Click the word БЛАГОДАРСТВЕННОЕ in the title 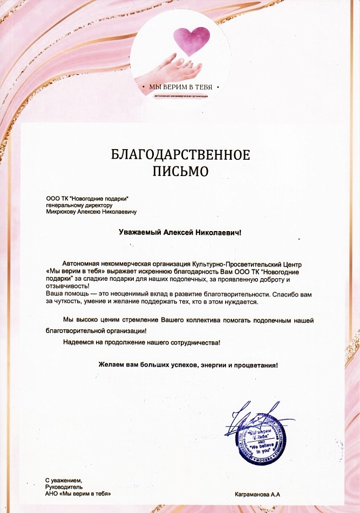click(180, 156)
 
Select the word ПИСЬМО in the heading click(180, 172)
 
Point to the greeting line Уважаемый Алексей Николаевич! click(181, 233)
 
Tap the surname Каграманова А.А click(258, 494)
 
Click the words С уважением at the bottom click(64, 480)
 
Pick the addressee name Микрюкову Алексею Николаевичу click(91, 212)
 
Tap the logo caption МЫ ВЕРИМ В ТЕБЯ click(180, 87)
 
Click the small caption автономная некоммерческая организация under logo click(180, 96)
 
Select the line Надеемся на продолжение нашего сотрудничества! click(141, 342)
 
